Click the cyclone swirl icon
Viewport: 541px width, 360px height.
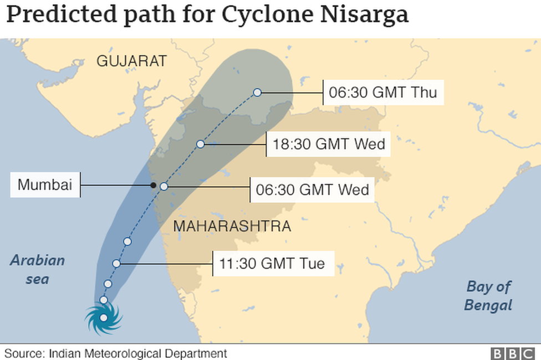pos(104,318)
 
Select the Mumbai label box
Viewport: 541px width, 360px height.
pos(45,185)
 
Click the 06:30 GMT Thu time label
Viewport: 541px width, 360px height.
pos(383,92)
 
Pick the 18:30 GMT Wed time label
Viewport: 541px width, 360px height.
pos(329,145)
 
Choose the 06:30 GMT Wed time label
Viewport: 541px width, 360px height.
pos(312,189)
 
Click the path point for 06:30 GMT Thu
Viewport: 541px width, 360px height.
pos(257,92)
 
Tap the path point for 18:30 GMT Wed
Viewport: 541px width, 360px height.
pos(201,144)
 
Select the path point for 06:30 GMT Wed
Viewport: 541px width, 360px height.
pos(164,187)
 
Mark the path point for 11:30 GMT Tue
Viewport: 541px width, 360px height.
pos(116,264)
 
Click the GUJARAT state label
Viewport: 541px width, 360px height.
pos(131,61)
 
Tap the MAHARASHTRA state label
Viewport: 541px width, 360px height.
pos(232,227)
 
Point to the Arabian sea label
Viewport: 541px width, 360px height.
pos(37,269)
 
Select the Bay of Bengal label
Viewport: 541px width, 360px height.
pos(488,296)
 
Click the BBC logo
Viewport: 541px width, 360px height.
pos(512,353)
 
